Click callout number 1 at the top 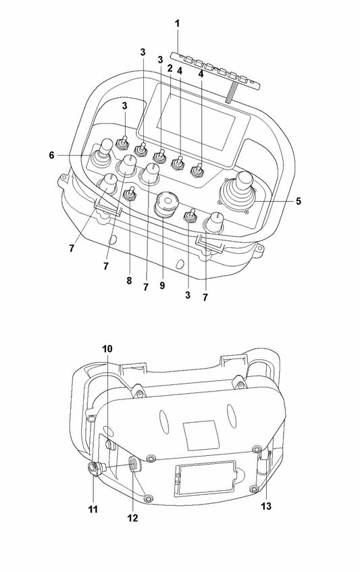[178, 24]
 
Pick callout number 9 [161, 286]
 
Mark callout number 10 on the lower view [108, 349]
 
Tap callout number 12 [132, 518]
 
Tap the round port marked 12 [135, 464]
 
